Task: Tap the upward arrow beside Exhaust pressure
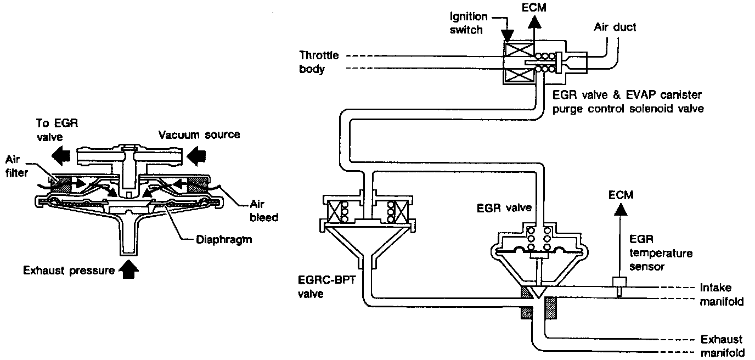coord(129,269)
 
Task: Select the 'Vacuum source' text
coord(199,134)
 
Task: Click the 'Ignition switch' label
coord(465,23)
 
